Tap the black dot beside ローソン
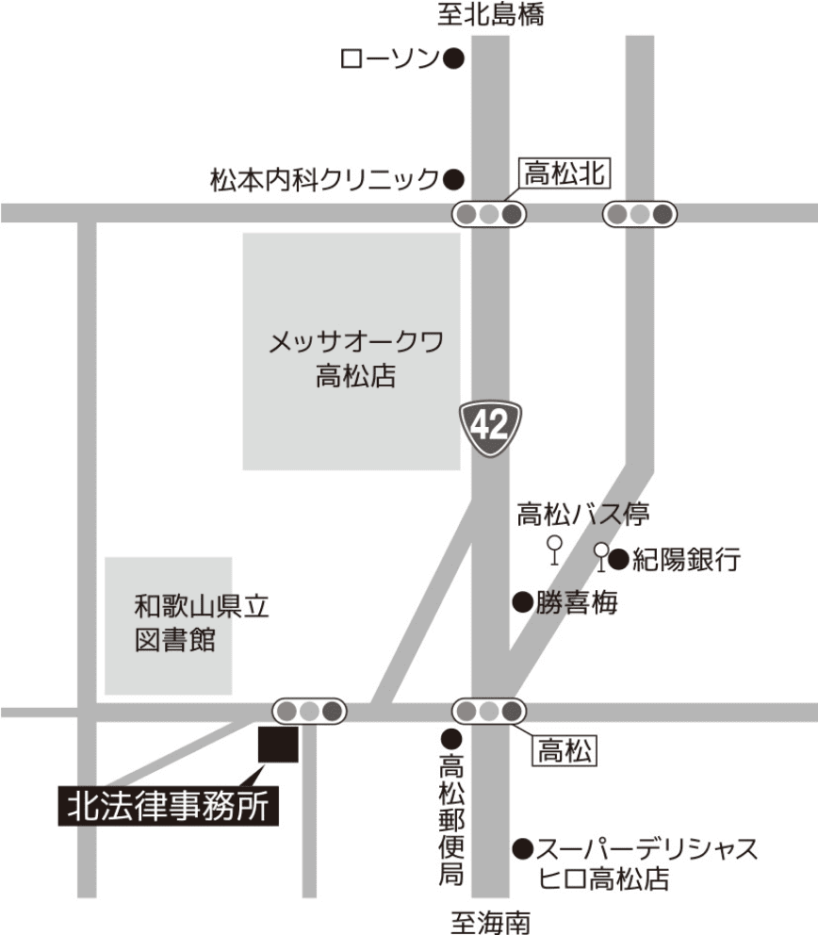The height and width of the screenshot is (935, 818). pos(454,60)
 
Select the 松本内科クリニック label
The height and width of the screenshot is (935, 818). pos(324,178)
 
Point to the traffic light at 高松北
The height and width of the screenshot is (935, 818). pos(488,215)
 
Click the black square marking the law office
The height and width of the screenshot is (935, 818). pos(279,745)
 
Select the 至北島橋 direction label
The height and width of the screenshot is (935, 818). pos(490,15)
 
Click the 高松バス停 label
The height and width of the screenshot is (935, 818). pos(582,515)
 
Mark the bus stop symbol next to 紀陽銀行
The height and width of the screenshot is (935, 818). pos(600,556)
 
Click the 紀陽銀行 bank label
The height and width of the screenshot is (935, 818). pos(686,561)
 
